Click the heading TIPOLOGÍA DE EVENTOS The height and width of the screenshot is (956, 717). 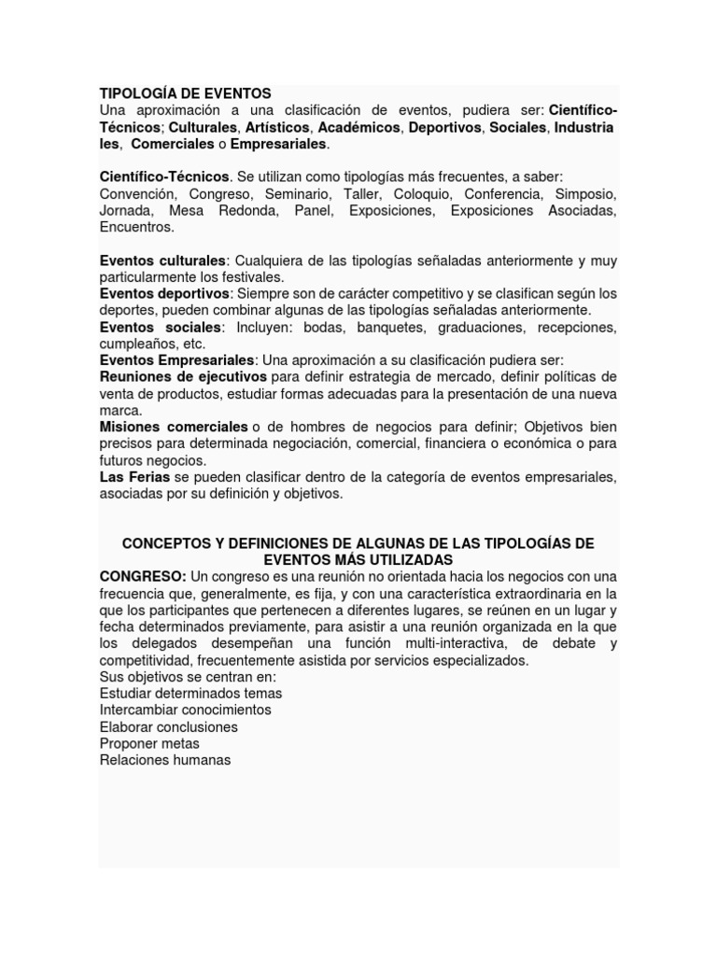(x=185, y=93)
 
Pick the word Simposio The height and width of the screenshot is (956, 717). (x=585, y=194)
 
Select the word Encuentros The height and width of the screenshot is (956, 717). (x=136, y=227)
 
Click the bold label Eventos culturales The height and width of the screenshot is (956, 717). (x=162, y=260)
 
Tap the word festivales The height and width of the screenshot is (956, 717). (x=249, y=277)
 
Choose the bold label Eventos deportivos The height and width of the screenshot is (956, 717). (x=164, y=294)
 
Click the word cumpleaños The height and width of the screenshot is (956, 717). (x=134, y=344)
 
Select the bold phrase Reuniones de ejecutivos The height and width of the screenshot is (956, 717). (x=183, y=377)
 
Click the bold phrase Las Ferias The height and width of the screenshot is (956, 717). (x=134, y=477)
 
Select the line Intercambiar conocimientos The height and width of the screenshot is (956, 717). (x=185, y=710)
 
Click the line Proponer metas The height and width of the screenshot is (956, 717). (x=149, y=744)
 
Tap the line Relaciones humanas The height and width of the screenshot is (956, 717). (x=164, y=760)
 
